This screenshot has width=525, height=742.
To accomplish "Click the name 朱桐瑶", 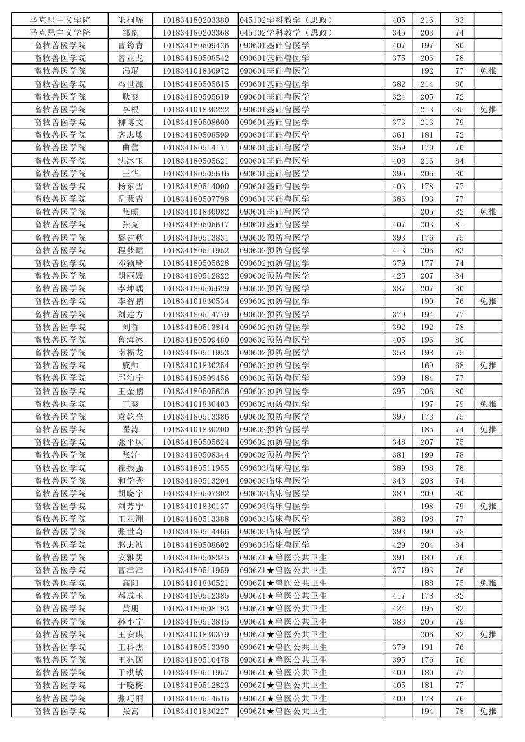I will click(x=130, y=20).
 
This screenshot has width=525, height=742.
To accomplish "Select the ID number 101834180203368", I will click(x=196, y=32).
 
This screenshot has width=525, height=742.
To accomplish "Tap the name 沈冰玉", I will click(x=130, y=161).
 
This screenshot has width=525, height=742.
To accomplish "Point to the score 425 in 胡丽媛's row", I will click(x=398, y=276).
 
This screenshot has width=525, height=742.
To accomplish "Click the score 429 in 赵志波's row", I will click(x=398, y=545).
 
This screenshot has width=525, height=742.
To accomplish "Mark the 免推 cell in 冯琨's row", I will click(x=488, y=71).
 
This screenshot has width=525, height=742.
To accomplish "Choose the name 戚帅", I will click(x=130, y=366).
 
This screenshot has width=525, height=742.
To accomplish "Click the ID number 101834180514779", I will click(x=196, y=314).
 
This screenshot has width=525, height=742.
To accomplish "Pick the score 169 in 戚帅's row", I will click(x=427, y=366).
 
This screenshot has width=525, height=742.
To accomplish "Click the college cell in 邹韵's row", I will click(x=60, y=32).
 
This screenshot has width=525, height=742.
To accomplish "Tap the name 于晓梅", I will click(x=130, y=686).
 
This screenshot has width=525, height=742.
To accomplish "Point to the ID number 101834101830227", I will click(x=196, y=711).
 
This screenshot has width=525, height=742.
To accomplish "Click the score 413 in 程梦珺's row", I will click(x=398, y=250).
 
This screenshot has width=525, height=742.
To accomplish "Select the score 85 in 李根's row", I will click(x=459, y=109).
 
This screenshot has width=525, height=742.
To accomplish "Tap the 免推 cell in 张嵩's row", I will click(x=488, y=711).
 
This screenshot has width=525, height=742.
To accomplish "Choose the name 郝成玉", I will click(x=130, y=596).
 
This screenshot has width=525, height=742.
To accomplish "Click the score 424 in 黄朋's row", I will click(x=398, y=609).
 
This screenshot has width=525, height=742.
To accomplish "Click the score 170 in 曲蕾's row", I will click(x=427, y=148).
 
